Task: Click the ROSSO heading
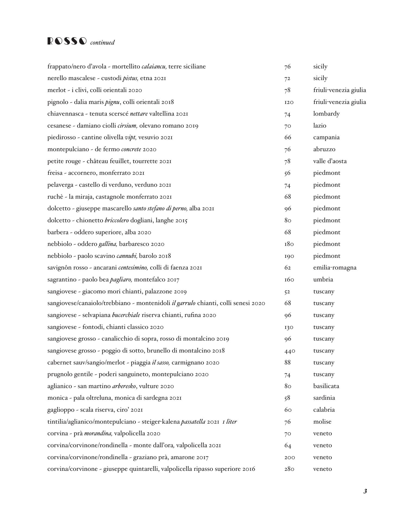pos(67,41)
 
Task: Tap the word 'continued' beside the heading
pos(102,43)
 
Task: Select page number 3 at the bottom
pos(365,491)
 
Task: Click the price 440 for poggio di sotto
pos(289,351)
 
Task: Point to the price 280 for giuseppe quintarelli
pos(289,469)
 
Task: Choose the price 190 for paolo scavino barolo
pos(289,256)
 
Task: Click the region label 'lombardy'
pos(326,114)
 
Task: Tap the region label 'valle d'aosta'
pos(330,161)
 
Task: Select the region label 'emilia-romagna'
pos(335,268)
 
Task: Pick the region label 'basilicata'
pos(326,386)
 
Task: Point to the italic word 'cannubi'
pos(127,256)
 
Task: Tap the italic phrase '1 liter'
pos(229,422)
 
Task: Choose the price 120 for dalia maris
pos(289,102)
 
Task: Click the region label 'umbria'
pos(323,279)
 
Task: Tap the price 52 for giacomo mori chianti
pos(287,291)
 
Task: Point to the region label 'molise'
pos(322,422)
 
